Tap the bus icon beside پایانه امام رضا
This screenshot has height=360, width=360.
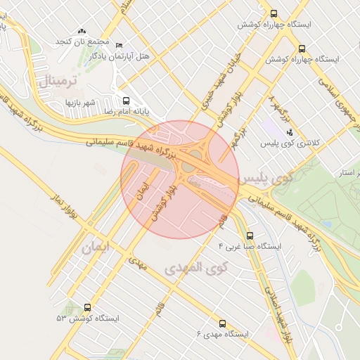(126, 101)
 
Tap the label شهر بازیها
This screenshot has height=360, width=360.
(81, 103)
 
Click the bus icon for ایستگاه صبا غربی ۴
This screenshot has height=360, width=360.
(250, 236)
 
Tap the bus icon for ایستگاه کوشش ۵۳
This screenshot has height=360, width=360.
(88, 307)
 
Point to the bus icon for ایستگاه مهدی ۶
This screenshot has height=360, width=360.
(223, 323)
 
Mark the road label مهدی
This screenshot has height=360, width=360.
(139, 265)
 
